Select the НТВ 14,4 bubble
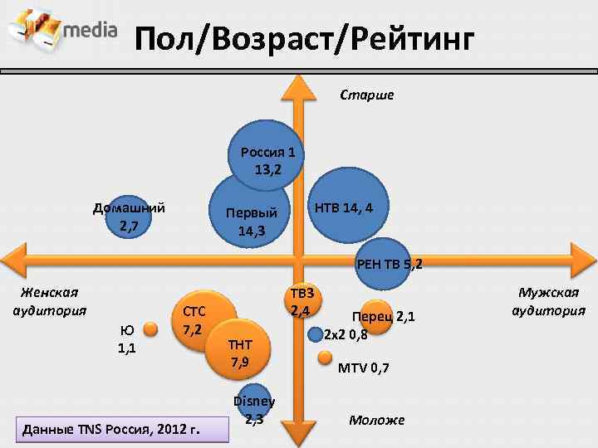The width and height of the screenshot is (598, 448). click(x=343, y=208)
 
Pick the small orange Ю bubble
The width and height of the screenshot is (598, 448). click(x=150, y=329)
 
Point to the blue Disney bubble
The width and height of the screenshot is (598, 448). click(x=254, y=405)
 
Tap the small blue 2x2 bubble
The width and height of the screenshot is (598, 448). click(x=315, y=335)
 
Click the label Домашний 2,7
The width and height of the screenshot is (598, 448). click(x=129, y=217)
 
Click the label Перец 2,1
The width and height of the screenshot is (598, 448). click(x=384, y=316)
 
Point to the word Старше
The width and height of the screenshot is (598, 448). click(x=367, y=95)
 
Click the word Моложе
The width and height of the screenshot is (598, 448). click(x=376, y=420)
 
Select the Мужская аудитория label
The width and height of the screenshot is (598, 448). click(x=549, y=301)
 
